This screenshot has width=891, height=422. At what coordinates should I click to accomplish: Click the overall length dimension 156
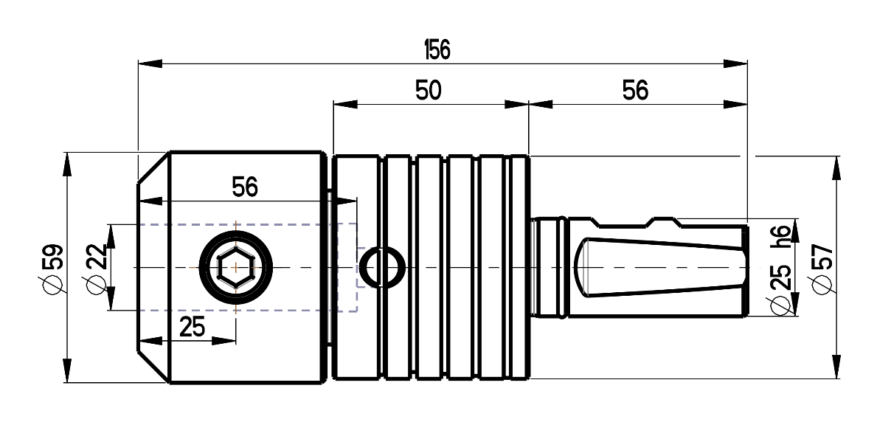coord(437,49)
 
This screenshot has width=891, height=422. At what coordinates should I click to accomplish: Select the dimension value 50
coord(428,90)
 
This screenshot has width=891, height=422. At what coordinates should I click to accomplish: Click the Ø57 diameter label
coord(822,269)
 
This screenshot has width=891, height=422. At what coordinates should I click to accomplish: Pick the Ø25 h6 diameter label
coord(780,271)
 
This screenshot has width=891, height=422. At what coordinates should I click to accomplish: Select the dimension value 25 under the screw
coord(192,327)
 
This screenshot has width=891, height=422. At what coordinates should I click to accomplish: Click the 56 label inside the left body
coord(245,187)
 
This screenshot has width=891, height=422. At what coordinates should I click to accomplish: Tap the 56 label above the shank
coord(635,90)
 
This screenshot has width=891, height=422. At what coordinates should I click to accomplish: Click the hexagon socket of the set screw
coord(236,267)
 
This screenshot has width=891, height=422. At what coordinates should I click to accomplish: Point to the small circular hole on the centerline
coord(383,267)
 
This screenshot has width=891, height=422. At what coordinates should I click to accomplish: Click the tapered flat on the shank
coord(660,267)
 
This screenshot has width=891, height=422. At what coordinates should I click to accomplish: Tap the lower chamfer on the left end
coord(153,367)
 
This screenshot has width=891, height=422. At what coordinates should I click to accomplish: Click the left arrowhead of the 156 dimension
coord(150,63)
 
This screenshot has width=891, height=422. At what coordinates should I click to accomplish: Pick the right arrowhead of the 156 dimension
coord(735,63)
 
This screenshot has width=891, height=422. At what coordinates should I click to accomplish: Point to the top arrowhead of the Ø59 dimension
coord(67,165)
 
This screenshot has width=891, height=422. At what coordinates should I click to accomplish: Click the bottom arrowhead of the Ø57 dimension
coord(836,367)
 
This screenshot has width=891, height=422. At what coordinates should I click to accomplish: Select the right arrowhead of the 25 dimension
coord(224,341)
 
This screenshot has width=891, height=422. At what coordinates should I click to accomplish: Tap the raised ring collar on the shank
coord(562,267)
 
